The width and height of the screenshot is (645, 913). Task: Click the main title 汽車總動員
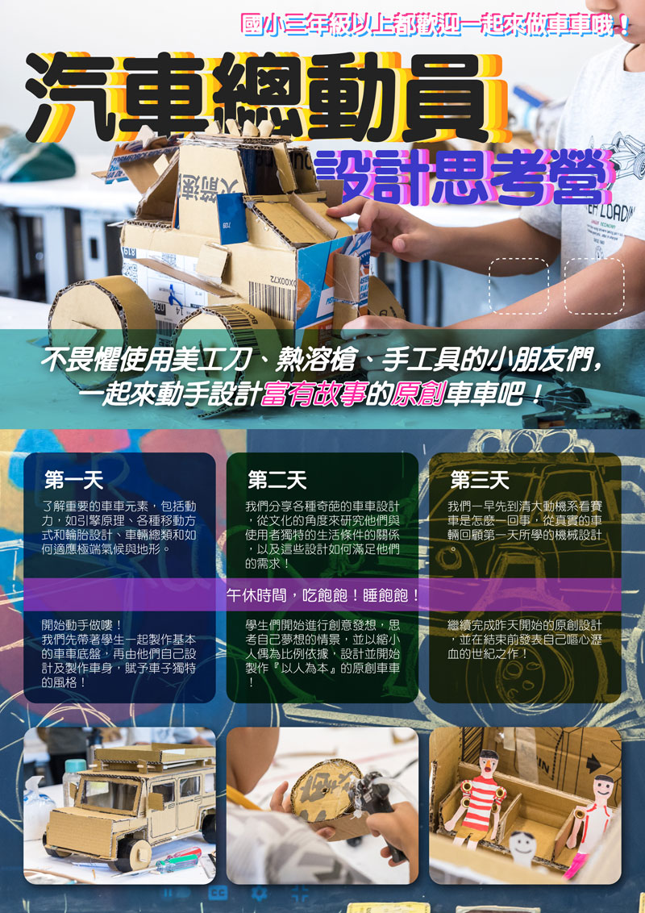(x=265, y=98)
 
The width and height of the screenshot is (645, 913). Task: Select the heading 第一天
(x=74, y=481)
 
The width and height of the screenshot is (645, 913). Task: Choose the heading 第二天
(x=277, y=481)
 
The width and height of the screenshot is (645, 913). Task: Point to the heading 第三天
(x=480, y=481)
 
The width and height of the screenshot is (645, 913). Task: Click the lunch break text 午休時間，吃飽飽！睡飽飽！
(x=323, y=595)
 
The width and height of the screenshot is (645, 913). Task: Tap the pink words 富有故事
(x=313, y=395)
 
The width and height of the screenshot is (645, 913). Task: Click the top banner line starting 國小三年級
(x=435, y=25)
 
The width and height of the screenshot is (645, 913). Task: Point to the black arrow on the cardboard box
(x=593, y=763)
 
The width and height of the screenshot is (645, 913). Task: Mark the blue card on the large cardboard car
(x=231, y=218)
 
